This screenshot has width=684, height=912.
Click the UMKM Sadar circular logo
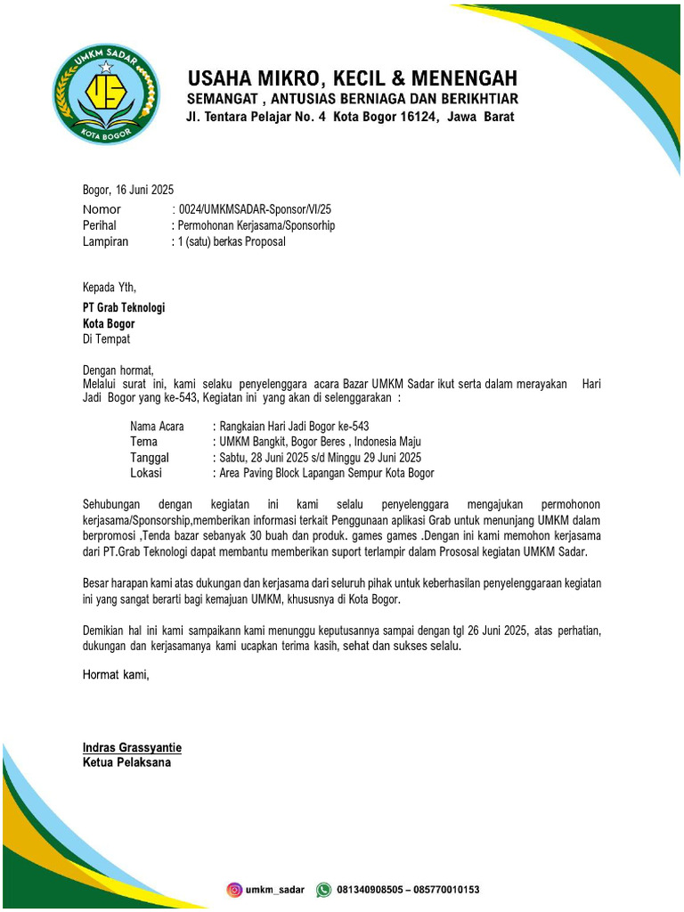tap(105, 94)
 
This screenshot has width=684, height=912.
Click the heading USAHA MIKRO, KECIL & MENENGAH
tap(351, 78)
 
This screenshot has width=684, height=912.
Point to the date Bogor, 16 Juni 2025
tap(128, 190)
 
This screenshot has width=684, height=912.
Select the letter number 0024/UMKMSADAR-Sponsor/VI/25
tap(255, 208)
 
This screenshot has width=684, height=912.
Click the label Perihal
tap(100, 225)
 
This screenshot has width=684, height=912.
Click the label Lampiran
tap(105, 241)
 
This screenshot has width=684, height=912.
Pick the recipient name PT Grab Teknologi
tap(124, 307)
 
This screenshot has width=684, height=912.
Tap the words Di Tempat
tap(106, 339)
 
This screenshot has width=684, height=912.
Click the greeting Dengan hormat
tap(118, 370)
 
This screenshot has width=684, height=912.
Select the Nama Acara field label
tap(157, 427)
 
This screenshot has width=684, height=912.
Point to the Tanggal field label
tap(150, 458)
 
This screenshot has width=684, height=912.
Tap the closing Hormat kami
tap(117, 675)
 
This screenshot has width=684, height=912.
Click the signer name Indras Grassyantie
tap(132, 747)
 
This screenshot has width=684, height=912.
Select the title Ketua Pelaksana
tap(126, 762)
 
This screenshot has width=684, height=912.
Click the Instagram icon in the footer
tap(235, 889)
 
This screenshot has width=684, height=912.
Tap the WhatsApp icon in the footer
tap(324, 889)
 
